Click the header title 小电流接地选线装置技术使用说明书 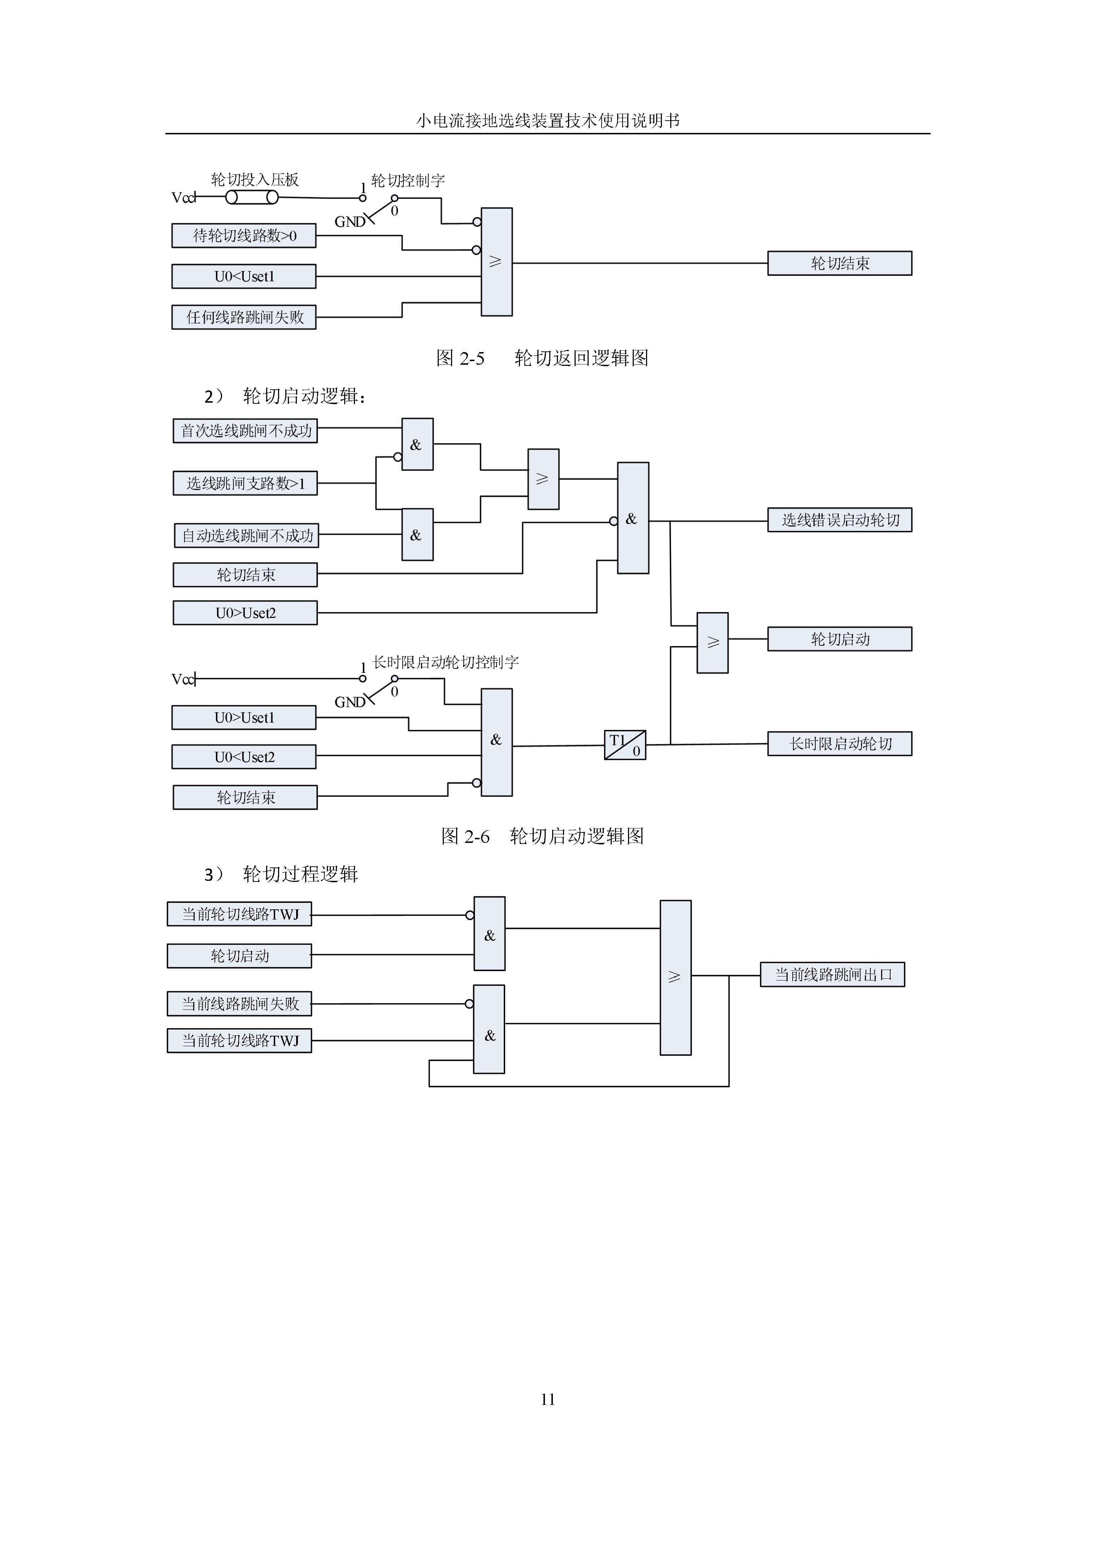[x=547, y=120]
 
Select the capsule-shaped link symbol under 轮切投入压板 [x=252, y=197]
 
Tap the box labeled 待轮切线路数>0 [x=244, y=235]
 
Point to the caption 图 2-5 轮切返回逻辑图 [x=542, y=358]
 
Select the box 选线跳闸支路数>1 [x=245, y=483]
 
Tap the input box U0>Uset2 [x=245, y=613]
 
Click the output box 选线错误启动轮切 [x=840, y=520]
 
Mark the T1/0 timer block [x=625, y=745]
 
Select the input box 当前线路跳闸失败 [x=239, y=1004]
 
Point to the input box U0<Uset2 [x=244, y=757]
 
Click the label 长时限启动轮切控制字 [x=445, y=662]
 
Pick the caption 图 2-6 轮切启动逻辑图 [x=543, y=836]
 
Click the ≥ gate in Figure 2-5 [x=497, y=262]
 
